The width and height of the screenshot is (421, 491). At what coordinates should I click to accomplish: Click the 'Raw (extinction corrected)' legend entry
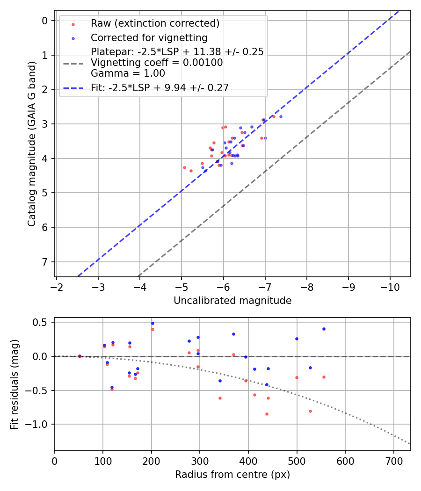coord(155,23)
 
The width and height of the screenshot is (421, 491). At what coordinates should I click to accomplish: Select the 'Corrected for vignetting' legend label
coord(149,37)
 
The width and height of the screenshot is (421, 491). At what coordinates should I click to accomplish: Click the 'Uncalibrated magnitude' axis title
coord(232,301)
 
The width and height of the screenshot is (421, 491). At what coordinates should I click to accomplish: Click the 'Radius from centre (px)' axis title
coord(232,475)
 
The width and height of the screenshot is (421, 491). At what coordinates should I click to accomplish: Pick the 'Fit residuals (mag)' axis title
coord(15,383)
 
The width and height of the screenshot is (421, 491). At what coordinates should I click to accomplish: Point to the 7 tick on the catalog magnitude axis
coord(45,262)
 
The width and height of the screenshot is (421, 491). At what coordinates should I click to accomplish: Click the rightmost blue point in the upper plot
coord(281,116)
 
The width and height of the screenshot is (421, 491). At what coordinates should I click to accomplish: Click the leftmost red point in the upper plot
coord(184,167)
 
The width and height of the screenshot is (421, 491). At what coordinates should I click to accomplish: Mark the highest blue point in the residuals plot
coord(152,323)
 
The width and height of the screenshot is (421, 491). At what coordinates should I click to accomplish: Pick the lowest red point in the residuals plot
coord(267,414)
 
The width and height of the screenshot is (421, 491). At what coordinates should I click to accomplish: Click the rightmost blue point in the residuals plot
coord(324,329)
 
